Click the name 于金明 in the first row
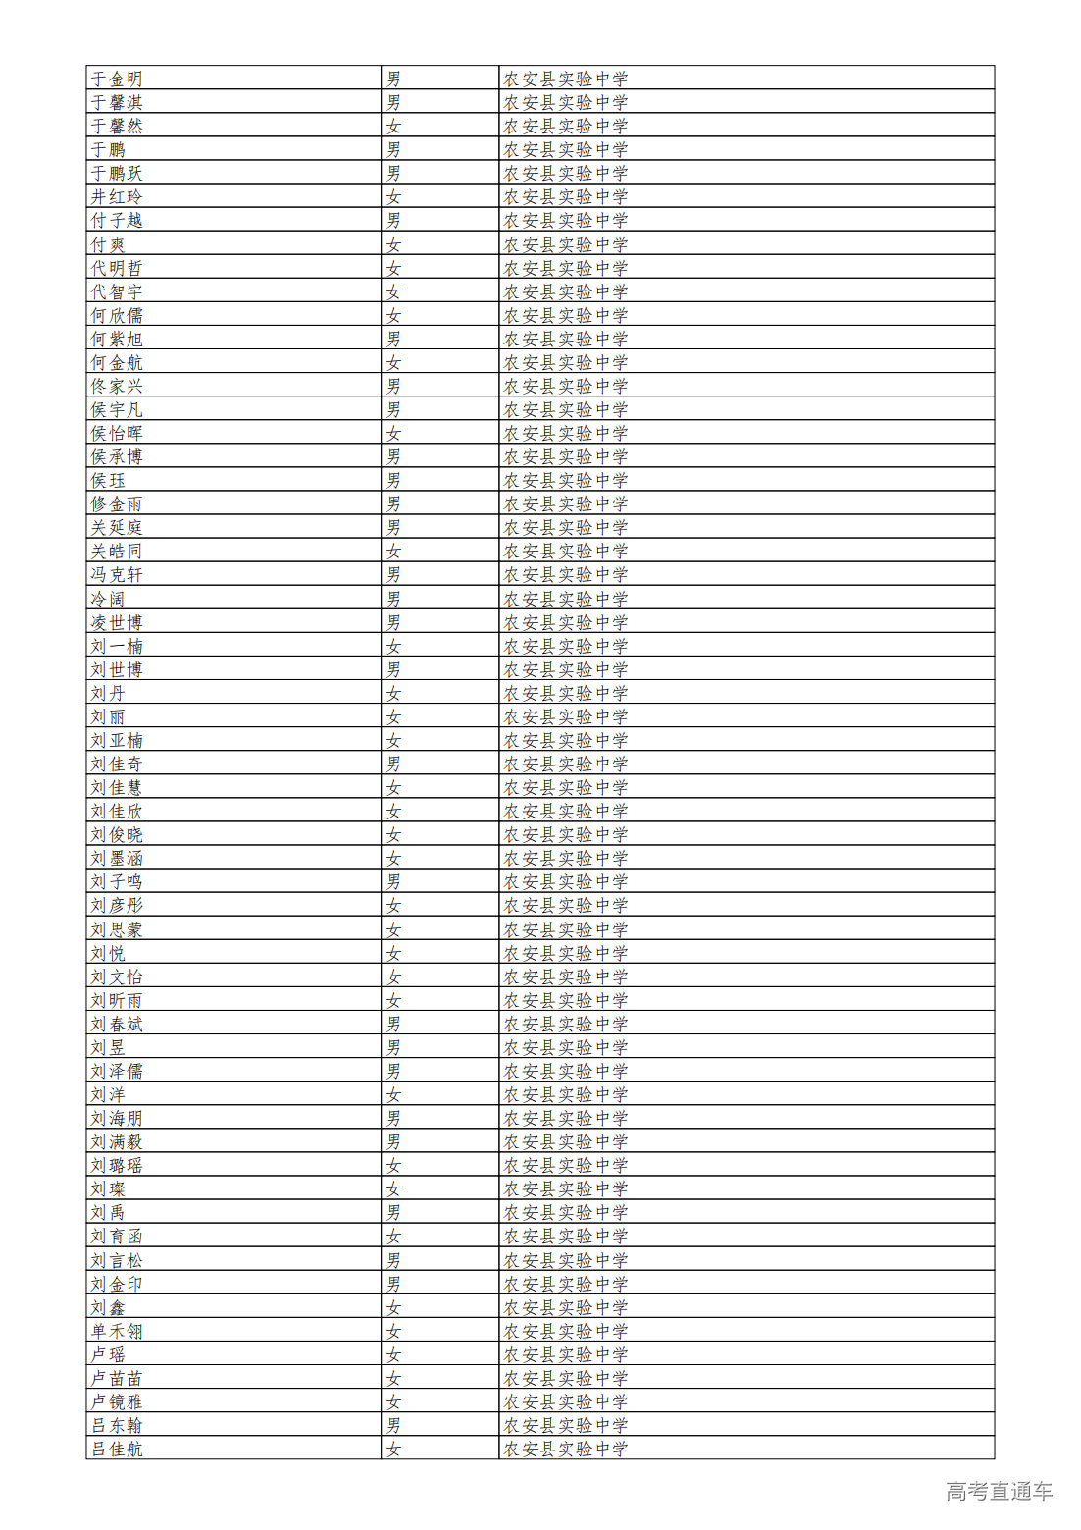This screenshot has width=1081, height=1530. point(117,79)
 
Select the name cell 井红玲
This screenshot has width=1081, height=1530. point(117,197)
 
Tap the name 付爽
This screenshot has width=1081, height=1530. point(108,244)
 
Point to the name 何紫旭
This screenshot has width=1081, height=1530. point(117,339)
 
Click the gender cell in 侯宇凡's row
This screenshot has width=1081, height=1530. point(393,409)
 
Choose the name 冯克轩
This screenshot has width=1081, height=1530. point(117,575)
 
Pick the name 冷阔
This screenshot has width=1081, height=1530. point(108,599)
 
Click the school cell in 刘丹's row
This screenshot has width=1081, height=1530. point(565,693)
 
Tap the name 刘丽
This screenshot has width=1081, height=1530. point(108,717)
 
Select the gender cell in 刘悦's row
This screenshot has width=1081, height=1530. point(393,953)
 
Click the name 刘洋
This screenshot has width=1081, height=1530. point(108,1094)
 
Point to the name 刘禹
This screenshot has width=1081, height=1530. point(108,1213)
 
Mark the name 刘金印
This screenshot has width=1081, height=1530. point(117,1284)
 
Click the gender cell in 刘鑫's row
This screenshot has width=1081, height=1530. point(393,1307)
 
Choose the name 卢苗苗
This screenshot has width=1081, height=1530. point(117,1378)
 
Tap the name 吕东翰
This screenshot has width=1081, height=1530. point(117,1425)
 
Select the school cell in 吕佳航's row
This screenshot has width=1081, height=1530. point(565,1449)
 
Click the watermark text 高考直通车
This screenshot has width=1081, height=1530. point(999,1492)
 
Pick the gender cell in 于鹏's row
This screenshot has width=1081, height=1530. point(393,149)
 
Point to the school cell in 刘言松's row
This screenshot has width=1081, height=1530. point(565,1260)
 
